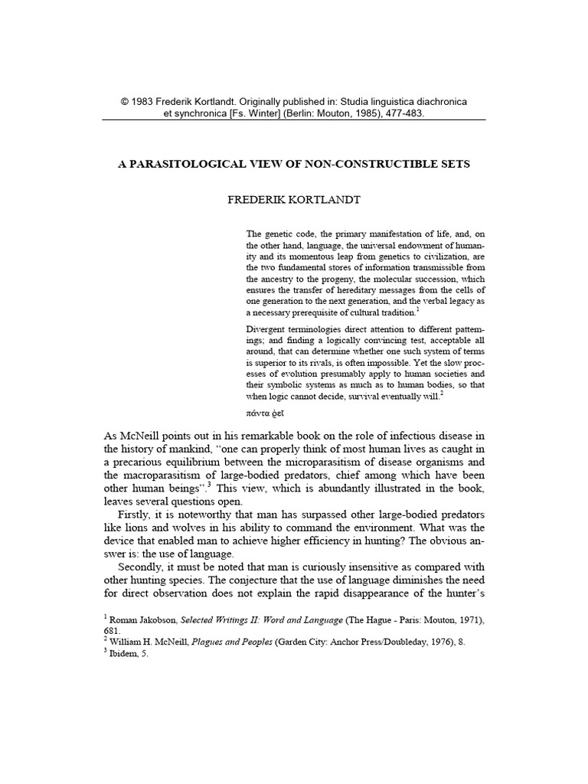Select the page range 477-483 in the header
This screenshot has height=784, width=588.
[x=401, y=113]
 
